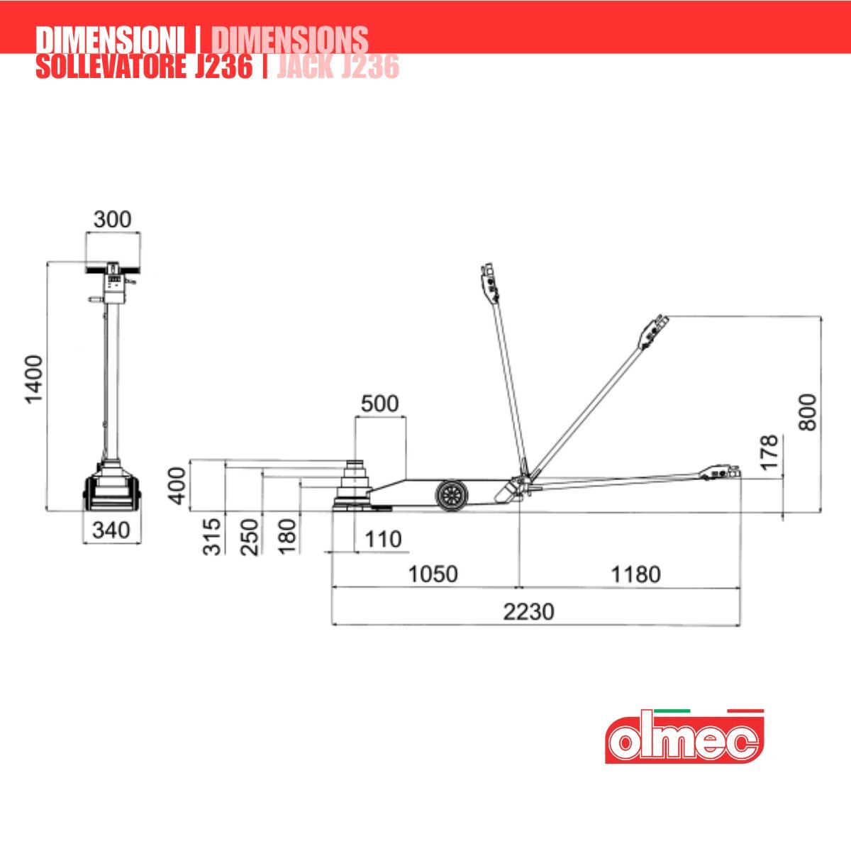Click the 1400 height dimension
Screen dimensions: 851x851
(x=34, y=379)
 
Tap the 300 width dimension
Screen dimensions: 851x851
(x=113, y=219)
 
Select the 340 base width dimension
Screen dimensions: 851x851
(x=111, y=530)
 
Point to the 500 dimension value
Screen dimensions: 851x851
(x=380, y=404)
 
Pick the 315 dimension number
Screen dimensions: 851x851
(x=212, y=537)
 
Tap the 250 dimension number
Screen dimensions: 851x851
(x=249, y=537)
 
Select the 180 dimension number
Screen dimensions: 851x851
(x=287, y=537)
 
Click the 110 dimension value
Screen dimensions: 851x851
(x=383, y=539)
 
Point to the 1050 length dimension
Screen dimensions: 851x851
(x=433, y=574)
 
